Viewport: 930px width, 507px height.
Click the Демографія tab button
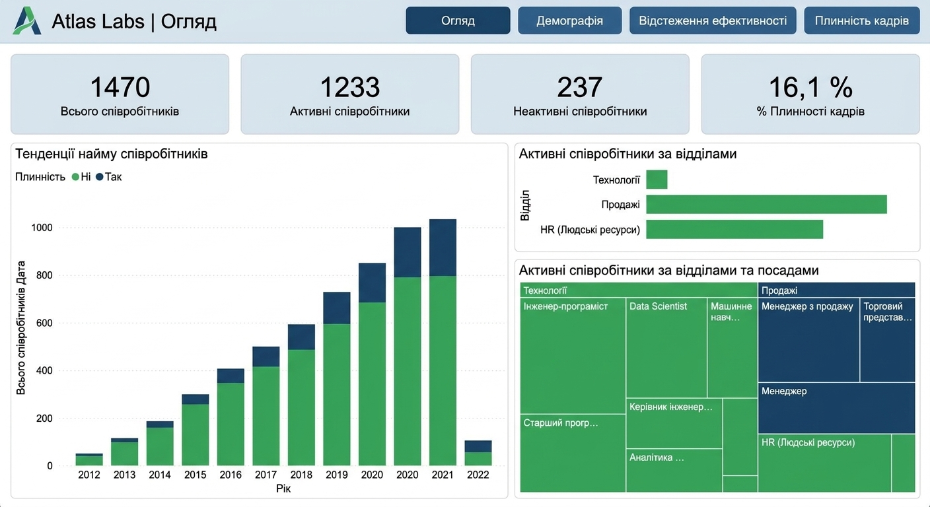coord(569,20)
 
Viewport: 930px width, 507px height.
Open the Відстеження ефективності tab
coord(713,20)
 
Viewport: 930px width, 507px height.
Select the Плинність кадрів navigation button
coord(861,20)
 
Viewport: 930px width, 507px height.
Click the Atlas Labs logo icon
coord(27,20)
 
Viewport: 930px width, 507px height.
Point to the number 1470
coord(120,87)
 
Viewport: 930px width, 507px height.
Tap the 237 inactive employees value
coord(579,87)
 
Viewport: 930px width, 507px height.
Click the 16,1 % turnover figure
coord(810,87)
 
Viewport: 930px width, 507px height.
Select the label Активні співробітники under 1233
coord(349,111)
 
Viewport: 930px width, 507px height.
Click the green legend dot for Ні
coord(75,177)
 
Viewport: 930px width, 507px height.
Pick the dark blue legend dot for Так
coord(99,177)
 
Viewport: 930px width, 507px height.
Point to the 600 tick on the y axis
coord(44,323)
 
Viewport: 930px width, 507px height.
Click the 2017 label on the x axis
coord(266,475)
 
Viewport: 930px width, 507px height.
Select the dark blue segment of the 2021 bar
coord(443,248)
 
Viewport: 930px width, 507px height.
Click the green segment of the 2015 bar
coord(195,435)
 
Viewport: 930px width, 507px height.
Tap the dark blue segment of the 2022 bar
coord(478,446)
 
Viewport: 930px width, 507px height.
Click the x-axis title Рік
coord(283,489)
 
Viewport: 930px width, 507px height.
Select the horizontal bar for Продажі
coord(766,205)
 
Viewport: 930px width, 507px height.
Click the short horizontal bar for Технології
coord(657,180)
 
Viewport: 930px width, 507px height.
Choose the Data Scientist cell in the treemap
coord(666,348)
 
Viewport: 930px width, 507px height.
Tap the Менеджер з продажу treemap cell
coord(808,340)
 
